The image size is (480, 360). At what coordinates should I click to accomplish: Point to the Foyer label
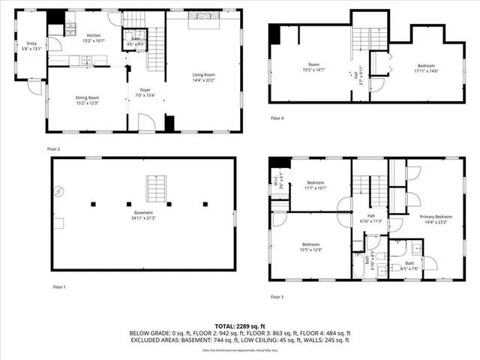pyautogui.click(x=145, y=92)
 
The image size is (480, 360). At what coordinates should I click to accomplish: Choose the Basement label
pyautogui.click(x=142, y=214)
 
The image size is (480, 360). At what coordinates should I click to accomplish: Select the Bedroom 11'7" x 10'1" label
pyautogui.click(x=314, y=185)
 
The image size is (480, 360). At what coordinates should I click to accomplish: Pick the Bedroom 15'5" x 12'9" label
pyautogui.click(x=311, y=247)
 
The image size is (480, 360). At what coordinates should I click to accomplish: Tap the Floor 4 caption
pyautogui.click(x=277, y=118)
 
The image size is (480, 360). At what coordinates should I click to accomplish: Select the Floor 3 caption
pyautogui.click(x=277, y=298)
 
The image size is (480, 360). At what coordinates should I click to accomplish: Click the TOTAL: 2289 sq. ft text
pyautogui.click(x=241, y=325)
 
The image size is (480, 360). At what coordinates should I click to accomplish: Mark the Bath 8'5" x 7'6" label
pyautogui.click(x=409, y=265)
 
